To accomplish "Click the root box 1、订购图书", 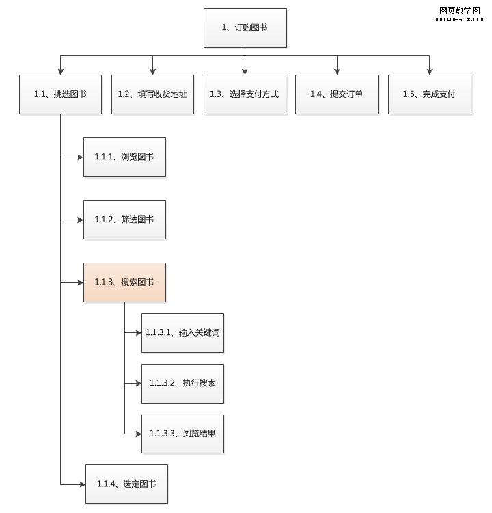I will (245, 28).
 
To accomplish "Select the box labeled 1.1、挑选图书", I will (60, 94).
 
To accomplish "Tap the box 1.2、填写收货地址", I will (152, 94).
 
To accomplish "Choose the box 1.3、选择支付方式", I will (245, 94).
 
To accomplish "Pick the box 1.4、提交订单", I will (336, 94).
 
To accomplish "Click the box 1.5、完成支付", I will (429, 94).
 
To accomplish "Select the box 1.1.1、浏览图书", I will (124, 157).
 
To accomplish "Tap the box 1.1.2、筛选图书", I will (124, 220).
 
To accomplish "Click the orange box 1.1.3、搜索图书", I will (124, 282).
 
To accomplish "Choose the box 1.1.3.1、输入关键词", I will (182, 333).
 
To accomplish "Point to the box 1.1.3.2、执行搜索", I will (182, 383).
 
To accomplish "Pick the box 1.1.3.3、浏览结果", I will (182, 433).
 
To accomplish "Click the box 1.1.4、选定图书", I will (126, 484).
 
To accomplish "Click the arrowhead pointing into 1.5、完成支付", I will (429, 70).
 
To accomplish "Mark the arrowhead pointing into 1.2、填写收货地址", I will (152, 70).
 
